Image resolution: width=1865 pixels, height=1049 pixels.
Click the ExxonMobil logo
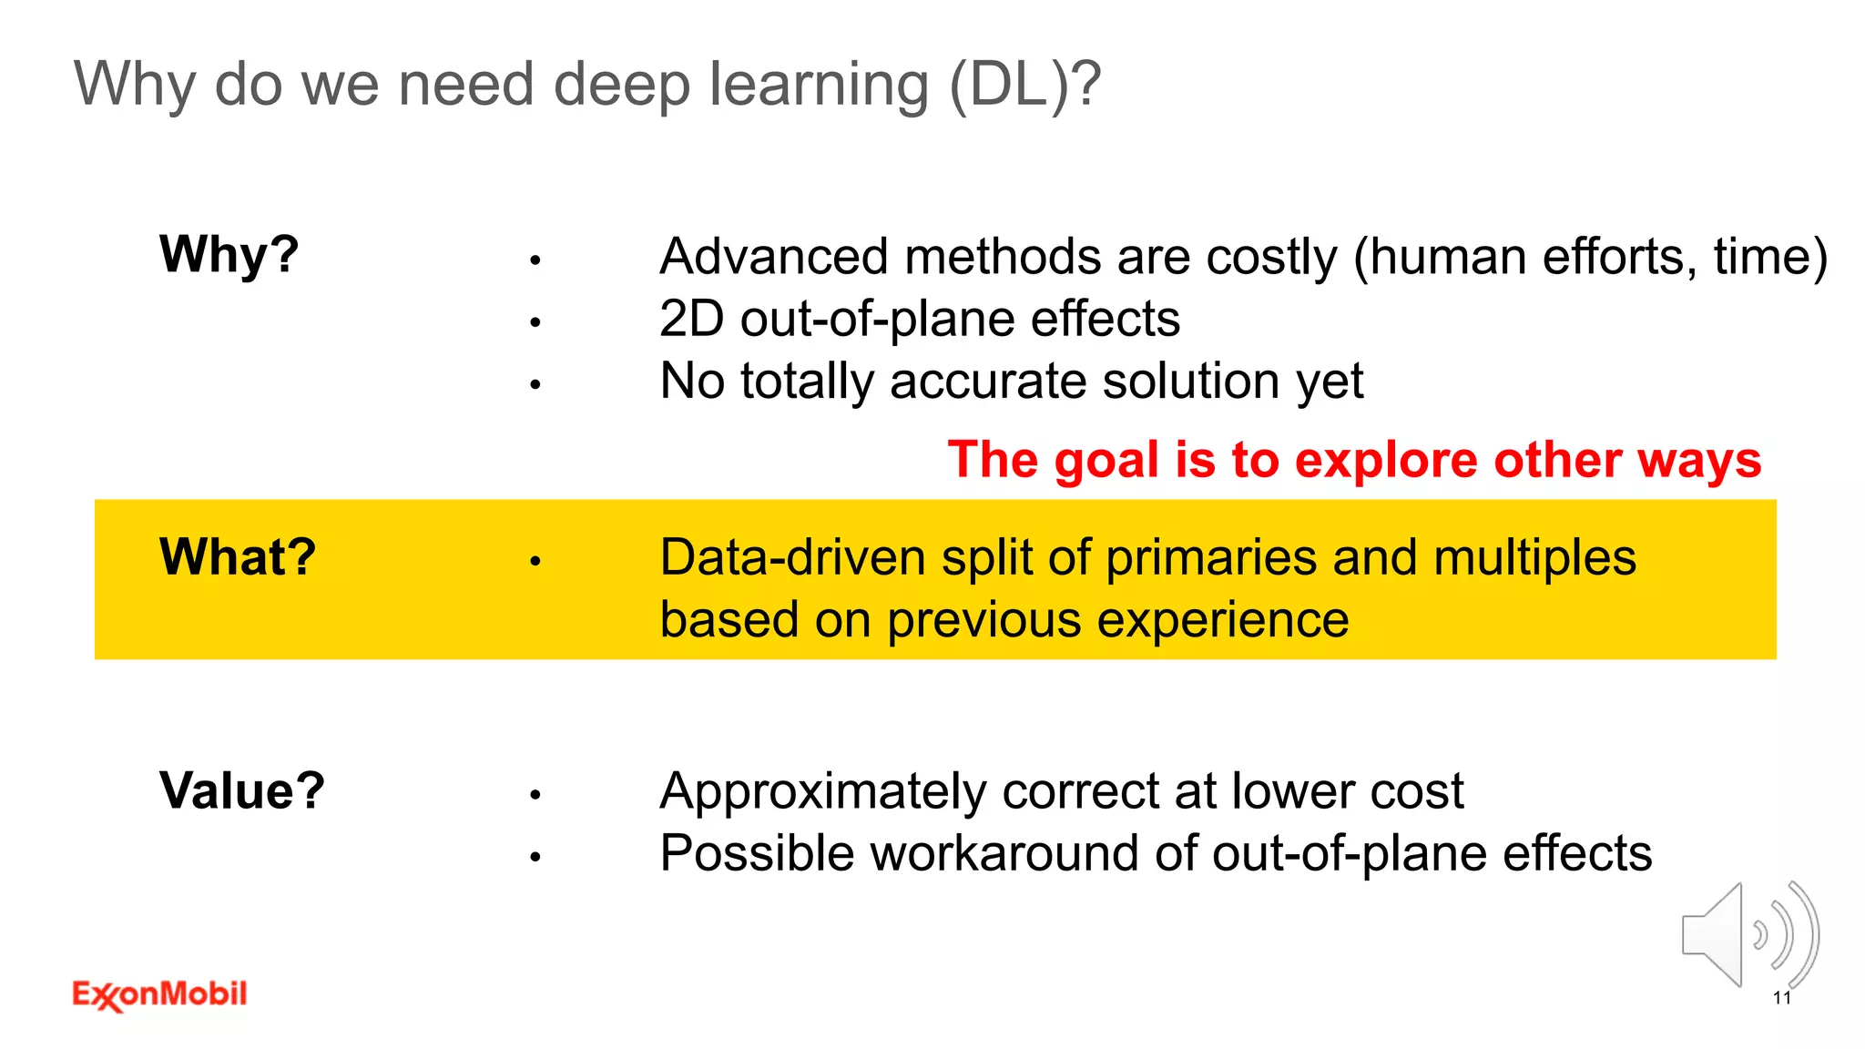coord(159,994)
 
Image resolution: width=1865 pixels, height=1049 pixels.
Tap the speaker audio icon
coord(1748,936)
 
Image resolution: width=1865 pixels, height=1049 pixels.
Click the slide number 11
coord(1781,998)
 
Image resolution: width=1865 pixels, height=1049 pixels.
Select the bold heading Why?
coord(229,254)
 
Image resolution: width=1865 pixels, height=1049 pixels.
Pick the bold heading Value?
coord(241,790)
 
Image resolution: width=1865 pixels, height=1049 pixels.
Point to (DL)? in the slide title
coord(1024,84)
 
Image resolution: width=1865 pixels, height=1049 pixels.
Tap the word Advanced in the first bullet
coord(773,257)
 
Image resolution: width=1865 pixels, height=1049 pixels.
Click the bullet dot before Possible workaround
coord(535,857)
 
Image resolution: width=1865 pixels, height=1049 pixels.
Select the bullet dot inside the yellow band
coord(535,562)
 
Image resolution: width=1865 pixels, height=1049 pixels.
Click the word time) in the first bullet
coord(1770,257)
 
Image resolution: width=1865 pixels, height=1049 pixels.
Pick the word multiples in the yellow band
coord(1534,557)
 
